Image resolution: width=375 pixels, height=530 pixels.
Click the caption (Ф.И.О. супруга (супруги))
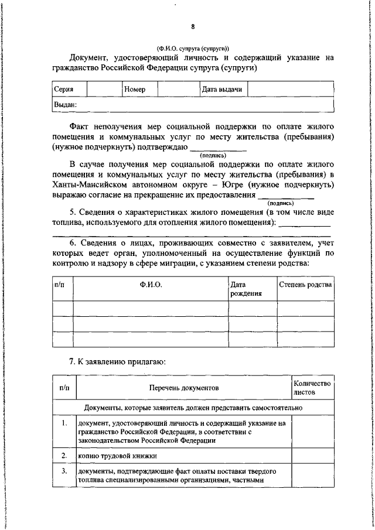tap(192, 49)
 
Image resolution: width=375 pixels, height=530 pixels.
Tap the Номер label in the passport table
tap(135, 90)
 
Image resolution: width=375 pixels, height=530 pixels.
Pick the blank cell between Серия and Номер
tap(104, 90)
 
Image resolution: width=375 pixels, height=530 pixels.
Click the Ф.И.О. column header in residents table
tap(151, 285)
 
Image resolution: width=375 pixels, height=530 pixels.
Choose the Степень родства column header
tap(305, 285)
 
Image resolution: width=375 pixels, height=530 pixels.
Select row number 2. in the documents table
tap(64, 455)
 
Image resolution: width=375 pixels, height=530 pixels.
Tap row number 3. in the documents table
tap(64, 471)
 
